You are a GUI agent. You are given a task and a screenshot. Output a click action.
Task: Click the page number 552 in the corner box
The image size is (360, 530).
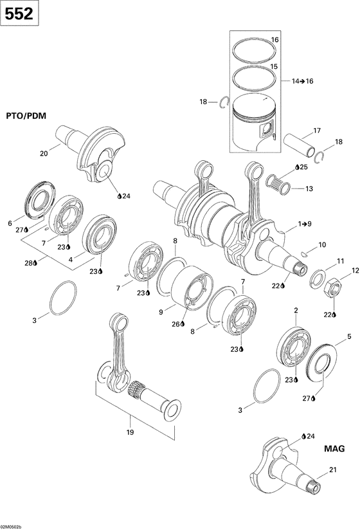[x=19, y=13]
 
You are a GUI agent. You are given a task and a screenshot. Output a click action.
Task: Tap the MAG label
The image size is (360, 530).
[x=334, y=448]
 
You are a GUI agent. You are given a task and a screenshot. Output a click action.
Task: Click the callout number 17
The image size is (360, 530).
[x=316, y=131]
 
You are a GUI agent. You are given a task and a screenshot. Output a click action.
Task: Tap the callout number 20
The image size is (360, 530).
[x=44, y=153]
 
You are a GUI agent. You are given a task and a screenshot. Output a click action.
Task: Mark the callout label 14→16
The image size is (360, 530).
[x=301, y=82]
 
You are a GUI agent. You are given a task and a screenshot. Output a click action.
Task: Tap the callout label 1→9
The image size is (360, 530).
[x=304, y=224]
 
